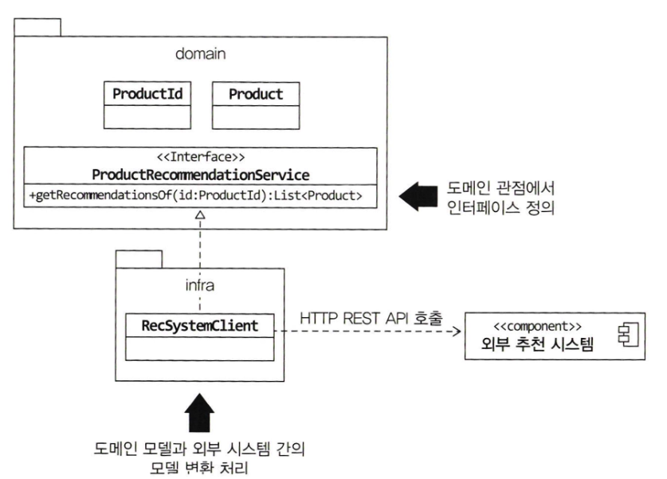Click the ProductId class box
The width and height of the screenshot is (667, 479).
pos(147,104)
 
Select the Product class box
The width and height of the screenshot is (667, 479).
pos(256,104)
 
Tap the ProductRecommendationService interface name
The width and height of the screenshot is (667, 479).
pos(201,175)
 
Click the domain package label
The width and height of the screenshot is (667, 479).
pos(201,54)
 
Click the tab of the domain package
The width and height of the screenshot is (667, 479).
pos(38,26)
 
